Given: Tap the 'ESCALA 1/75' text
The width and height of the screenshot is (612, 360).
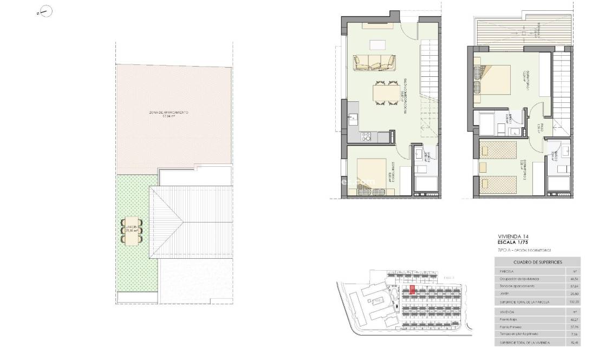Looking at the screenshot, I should pos(515,243).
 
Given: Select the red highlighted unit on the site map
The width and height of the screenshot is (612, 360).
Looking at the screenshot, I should pos(412,290).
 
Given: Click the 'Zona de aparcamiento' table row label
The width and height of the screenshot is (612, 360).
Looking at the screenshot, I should pos(516,286).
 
